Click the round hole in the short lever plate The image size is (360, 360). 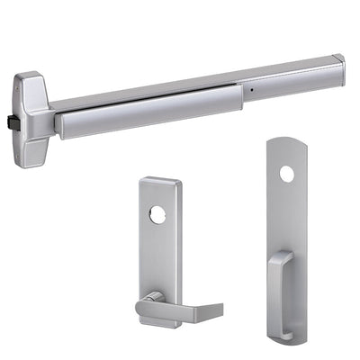click(158, 217)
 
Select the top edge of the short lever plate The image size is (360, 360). click(159, 182)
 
